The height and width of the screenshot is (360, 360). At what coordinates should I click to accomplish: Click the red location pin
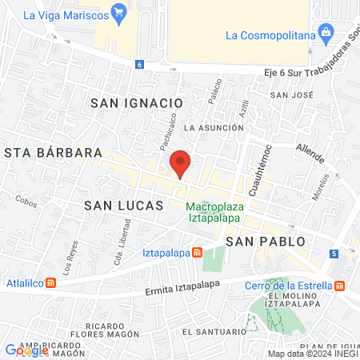point(180,164)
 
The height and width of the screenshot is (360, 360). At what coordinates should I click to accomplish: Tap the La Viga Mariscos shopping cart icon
point(119,12)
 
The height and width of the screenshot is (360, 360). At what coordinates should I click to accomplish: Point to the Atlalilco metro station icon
point(51,282)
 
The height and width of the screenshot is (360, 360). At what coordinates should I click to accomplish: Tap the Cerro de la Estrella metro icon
point(340,285)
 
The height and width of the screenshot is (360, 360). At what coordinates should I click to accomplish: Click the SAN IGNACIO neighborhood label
point(137,102)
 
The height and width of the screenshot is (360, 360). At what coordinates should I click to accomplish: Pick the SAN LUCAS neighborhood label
point(124,206)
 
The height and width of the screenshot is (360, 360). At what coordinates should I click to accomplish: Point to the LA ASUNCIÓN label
point(213,127)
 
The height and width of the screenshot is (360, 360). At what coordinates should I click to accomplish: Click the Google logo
point(26,350)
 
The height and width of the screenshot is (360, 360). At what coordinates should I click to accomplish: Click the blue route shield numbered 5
point(333,254)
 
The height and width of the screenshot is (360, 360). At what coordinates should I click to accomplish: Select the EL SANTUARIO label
point(211,330)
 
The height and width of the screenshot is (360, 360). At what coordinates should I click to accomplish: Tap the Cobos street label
point(26,202)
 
